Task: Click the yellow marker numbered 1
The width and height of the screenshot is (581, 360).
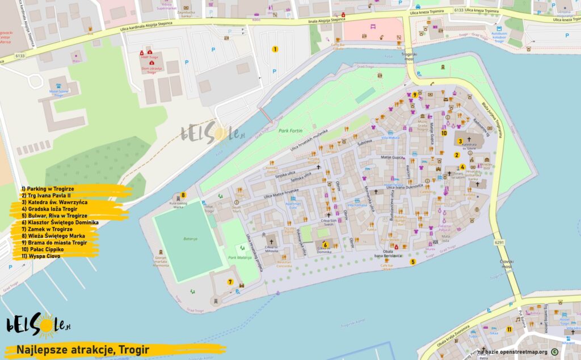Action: coord(275,49)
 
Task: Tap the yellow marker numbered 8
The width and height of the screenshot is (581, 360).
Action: coord(183,195)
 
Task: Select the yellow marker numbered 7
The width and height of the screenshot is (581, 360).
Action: coord(230,282)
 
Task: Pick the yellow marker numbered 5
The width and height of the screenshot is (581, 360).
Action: coord(413,262)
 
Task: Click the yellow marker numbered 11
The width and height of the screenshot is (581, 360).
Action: coord(510,329)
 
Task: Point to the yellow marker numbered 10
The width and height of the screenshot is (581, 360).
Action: coord(444,133)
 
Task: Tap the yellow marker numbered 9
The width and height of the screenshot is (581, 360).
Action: coord(415,95)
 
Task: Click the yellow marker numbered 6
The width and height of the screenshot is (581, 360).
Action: coord(325,245)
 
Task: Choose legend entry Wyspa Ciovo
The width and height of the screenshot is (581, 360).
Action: coord(41,256)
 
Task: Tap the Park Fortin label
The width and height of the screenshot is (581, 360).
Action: coord(290,131)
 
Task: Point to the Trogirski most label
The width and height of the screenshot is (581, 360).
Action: coord(409,57)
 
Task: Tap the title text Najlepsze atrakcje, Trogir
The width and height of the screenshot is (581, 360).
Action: coord(83,350)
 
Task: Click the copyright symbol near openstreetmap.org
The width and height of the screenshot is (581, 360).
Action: coord(554,351)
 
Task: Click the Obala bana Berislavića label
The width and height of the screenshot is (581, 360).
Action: coord(388,253)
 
